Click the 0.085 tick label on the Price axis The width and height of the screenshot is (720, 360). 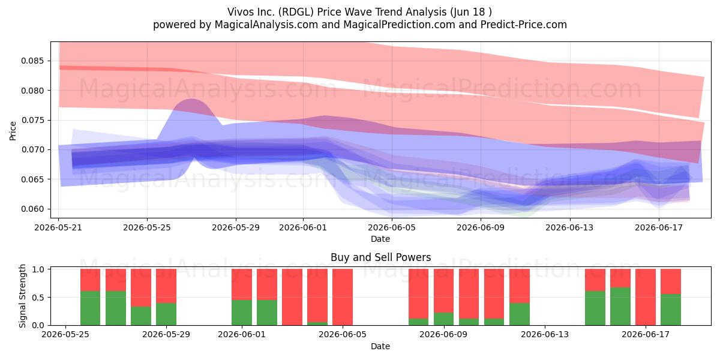click(x=32, y=61)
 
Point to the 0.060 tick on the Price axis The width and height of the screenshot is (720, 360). click(x=32, y=209)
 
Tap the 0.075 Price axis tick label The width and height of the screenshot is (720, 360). click(x=32, y=120)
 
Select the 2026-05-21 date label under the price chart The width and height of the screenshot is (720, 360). click(x=58, y=227)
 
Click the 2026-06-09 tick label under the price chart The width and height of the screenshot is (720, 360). click(x=481, y=227)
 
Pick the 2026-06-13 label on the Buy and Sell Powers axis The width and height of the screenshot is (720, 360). click(x=545, y=334)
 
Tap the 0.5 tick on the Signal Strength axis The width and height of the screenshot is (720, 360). click(x=38, y=298)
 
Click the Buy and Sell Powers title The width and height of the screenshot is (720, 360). click(x=380, y=257)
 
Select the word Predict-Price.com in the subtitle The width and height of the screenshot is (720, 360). click(x=524, y=25)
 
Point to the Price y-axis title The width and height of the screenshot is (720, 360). click(x=13, y=131)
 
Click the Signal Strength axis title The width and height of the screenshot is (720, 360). click(x=22, y=296)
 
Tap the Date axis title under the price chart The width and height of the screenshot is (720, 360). click(x=380, y=239)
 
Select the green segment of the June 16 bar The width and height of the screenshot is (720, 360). click(x=620, y=307)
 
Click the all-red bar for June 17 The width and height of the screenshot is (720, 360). click(x=646, y=297)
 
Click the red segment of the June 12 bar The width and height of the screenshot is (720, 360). click(x=520, y=286)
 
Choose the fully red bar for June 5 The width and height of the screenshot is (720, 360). click(x=343, y=297)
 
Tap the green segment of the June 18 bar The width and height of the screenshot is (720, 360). click(x=671, y=310)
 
